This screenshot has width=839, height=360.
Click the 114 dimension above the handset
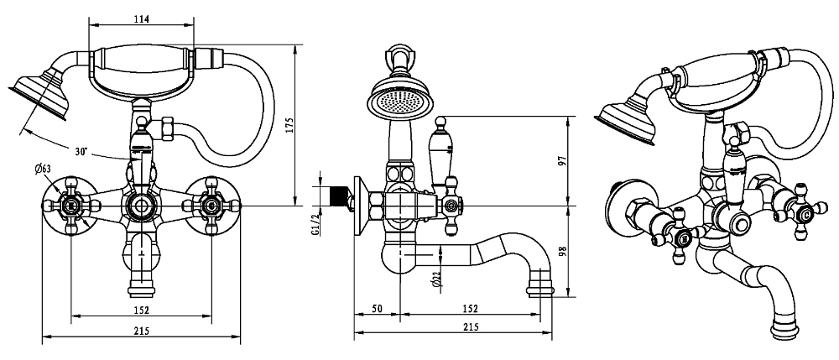point(140,22)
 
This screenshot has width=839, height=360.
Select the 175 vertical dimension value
point(289,123)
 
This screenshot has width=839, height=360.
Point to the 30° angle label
point(81,151)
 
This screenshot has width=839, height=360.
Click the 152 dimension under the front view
point(140,309)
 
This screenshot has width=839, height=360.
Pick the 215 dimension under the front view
point(140,331)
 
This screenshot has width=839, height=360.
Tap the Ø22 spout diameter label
point(436,279)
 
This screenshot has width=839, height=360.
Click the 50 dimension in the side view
point(378,309)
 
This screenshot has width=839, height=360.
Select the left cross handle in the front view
point(71,205)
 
